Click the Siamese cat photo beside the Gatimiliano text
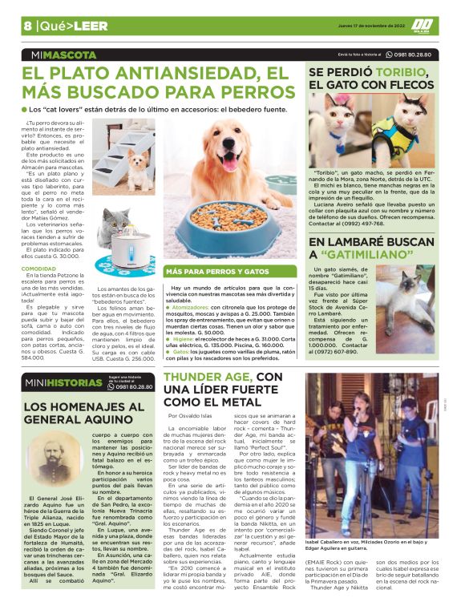click(405, 295)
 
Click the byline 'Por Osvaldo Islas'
click(189, 416)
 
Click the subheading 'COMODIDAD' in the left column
click(38, 269)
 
